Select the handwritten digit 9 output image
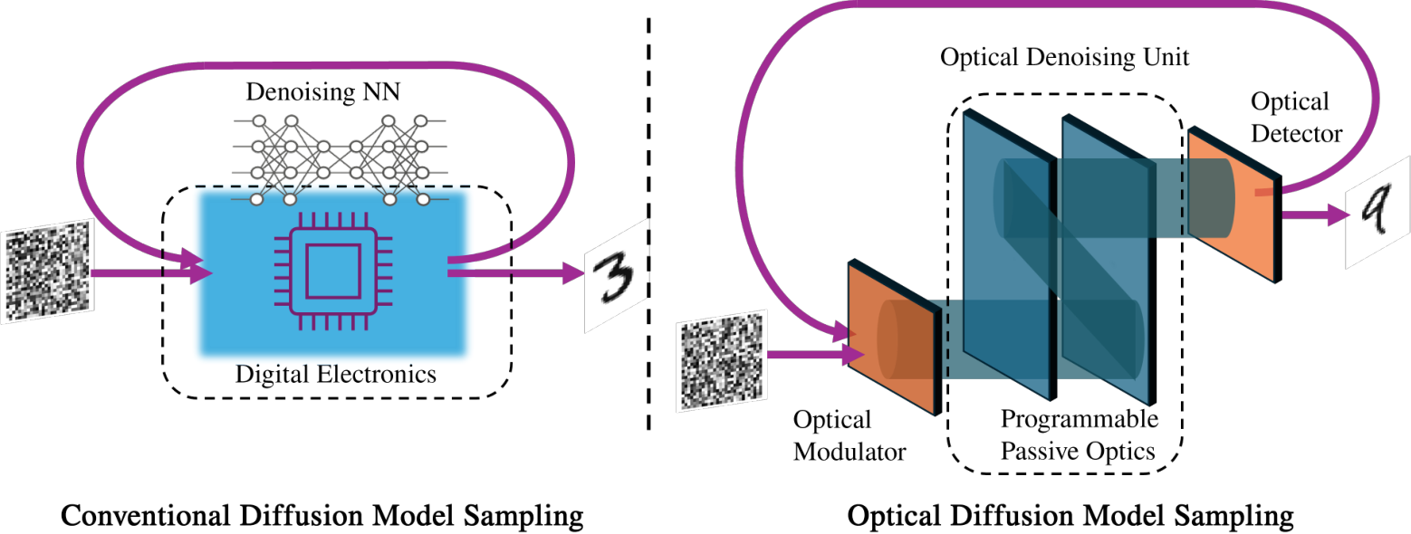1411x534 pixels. tap(1377, 217)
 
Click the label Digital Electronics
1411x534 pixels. tap(335, 373)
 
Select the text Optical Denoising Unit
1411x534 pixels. tap(1064, 59)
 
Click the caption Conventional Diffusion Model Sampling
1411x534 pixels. tap(321, 517)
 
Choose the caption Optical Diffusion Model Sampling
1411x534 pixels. tap(1070, 517)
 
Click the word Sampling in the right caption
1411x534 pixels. tap(1237, 518)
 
